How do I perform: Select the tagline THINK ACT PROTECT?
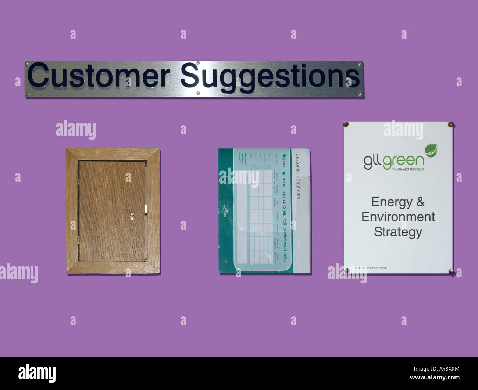[408, 169]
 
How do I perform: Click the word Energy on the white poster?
[392, 202]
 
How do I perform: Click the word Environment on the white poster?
[398, 217]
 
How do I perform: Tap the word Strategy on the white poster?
[398, 232]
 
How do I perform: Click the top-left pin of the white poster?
[346, 124]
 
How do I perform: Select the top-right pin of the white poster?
[451, 124]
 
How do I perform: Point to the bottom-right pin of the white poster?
[451, 271]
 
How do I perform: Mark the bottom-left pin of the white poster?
[347, 271]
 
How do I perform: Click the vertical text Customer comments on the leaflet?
[298, 176]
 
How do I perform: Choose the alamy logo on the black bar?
[37, 373]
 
